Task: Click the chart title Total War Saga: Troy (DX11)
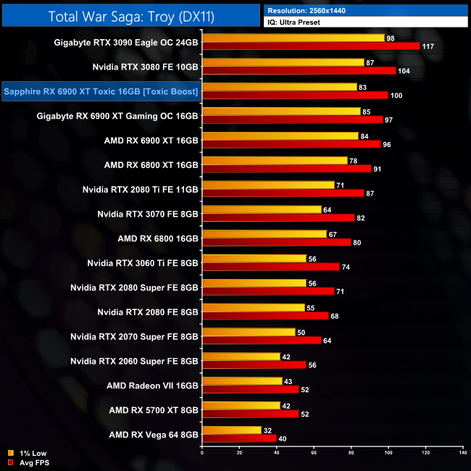pyautogui.click(x=130, y=16)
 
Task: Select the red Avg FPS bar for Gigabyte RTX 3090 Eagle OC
pyautogui.click(x=311, y=46)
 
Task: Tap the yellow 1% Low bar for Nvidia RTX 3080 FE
pyautogui.click(x=283, y=62)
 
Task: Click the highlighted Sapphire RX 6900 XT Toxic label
pyautogui.click(x=101, y=91)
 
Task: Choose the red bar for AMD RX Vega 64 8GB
pyautogui.click(x=240, y=438)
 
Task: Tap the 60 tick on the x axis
pyautogui.click(x=314, y=453)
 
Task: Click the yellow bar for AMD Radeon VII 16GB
pyautogui.click(x=243, y=381)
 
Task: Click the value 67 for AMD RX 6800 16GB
pyautogui.click(x=333, y=234)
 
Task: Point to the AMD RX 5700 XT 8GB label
pyautogui.click(x=154, y=410)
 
